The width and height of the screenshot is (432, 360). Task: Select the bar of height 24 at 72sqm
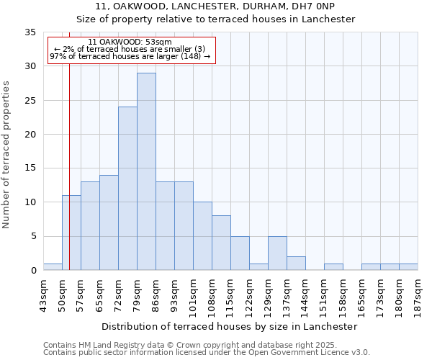pyautogui.click(x=127, y=189)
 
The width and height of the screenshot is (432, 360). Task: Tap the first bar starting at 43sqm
pyautogui.click(x=53, y=266)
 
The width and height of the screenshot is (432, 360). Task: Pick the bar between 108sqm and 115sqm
pyautogui.click(x=221, y=243)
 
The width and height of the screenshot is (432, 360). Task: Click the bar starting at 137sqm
pyautogui.click(x=296, y=264)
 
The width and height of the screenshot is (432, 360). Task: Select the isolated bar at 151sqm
pyautogui.click(x=333, y=266)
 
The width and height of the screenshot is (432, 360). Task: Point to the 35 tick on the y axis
pyautogui.click(x=30, y=32)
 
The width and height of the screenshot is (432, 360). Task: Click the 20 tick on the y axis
pyautogui.click(x=30, y=135)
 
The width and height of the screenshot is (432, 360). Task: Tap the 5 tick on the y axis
pyautogui.click(x=33, y=237)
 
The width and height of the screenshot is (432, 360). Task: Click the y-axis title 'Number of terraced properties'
pyautogui.click(x=7, y=154)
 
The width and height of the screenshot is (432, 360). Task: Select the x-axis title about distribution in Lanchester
pyautogui.click(x=234, y=327)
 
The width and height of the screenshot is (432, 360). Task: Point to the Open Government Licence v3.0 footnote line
pyautogui.click(x=207, y=353)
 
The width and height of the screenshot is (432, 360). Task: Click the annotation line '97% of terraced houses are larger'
pyautogui.click(x=130, y=57)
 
